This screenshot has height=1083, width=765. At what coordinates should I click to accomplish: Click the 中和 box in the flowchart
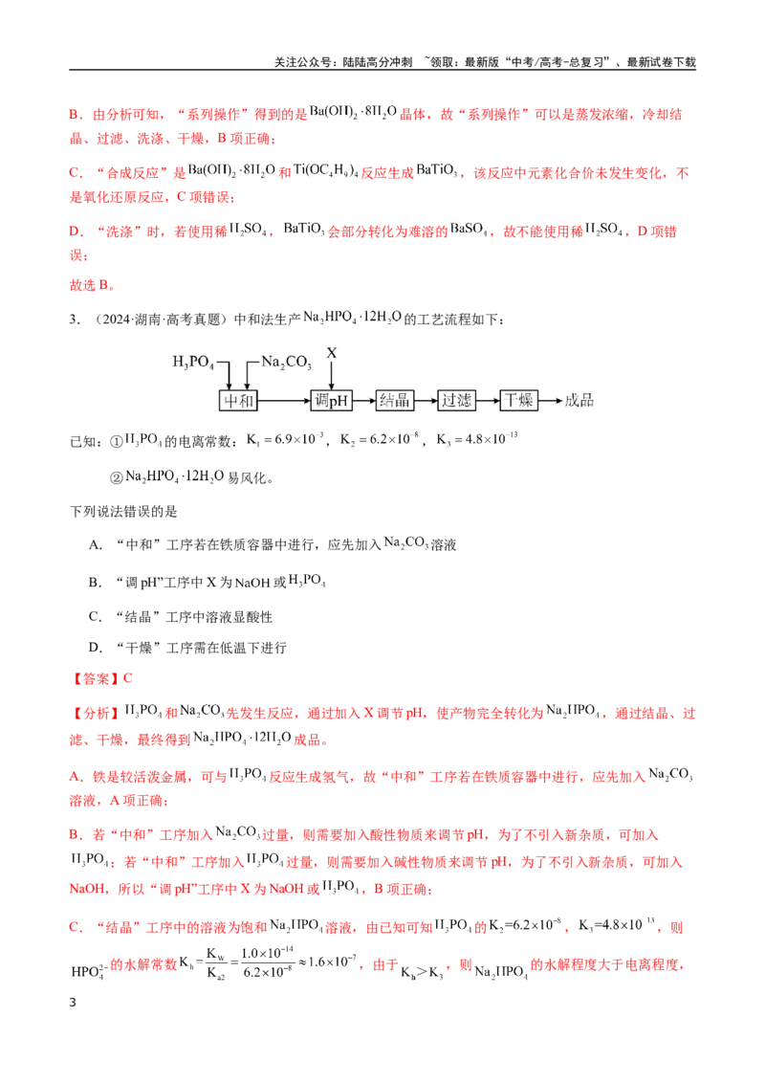click(x=238, y=401)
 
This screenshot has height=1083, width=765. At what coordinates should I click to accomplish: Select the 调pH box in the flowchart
click(x=332, y=401)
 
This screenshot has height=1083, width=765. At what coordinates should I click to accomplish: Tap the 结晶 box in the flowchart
click(x=395, y=401)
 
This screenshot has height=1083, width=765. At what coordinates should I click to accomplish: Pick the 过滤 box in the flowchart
click(x=457, y=401)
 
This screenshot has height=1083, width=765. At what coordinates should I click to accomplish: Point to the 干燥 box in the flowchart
click(x=518, y=401)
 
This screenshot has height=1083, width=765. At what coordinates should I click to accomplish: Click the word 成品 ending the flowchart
click(x=579, y=401)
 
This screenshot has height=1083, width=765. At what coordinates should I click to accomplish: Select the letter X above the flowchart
click(x=332, y=353)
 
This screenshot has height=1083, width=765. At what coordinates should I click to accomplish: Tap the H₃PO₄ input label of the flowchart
click(x=193, y=362)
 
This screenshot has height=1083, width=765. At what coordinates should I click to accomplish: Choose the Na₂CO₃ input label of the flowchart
click(x=287, y=362)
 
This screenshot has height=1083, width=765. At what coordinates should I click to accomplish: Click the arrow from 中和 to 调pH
click(x=284, y=401)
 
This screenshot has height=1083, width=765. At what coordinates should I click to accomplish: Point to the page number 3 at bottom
click(x=73, y=1003)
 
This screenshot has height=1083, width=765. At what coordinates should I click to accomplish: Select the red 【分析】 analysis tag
click(x=96, y=714)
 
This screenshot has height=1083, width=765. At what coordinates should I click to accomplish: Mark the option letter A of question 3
click(x=95, y=545)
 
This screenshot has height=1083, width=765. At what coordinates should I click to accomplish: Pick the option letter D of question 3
click(x=95, y=648)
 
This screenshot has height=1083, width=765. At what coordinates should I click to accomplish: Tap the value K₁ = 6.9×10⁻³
click(x=284, y=439)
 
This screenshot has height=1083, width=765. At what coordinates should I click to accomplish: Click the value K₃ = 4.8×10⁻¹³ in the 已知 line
click(x=477, y=439)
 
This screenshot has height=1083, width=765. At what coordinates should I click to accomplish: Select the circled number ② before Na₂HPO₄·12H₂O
click(x=117, y=477)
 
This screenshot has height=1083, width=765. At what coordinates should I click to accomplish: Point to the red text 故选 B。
click(x=93, y=285)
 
